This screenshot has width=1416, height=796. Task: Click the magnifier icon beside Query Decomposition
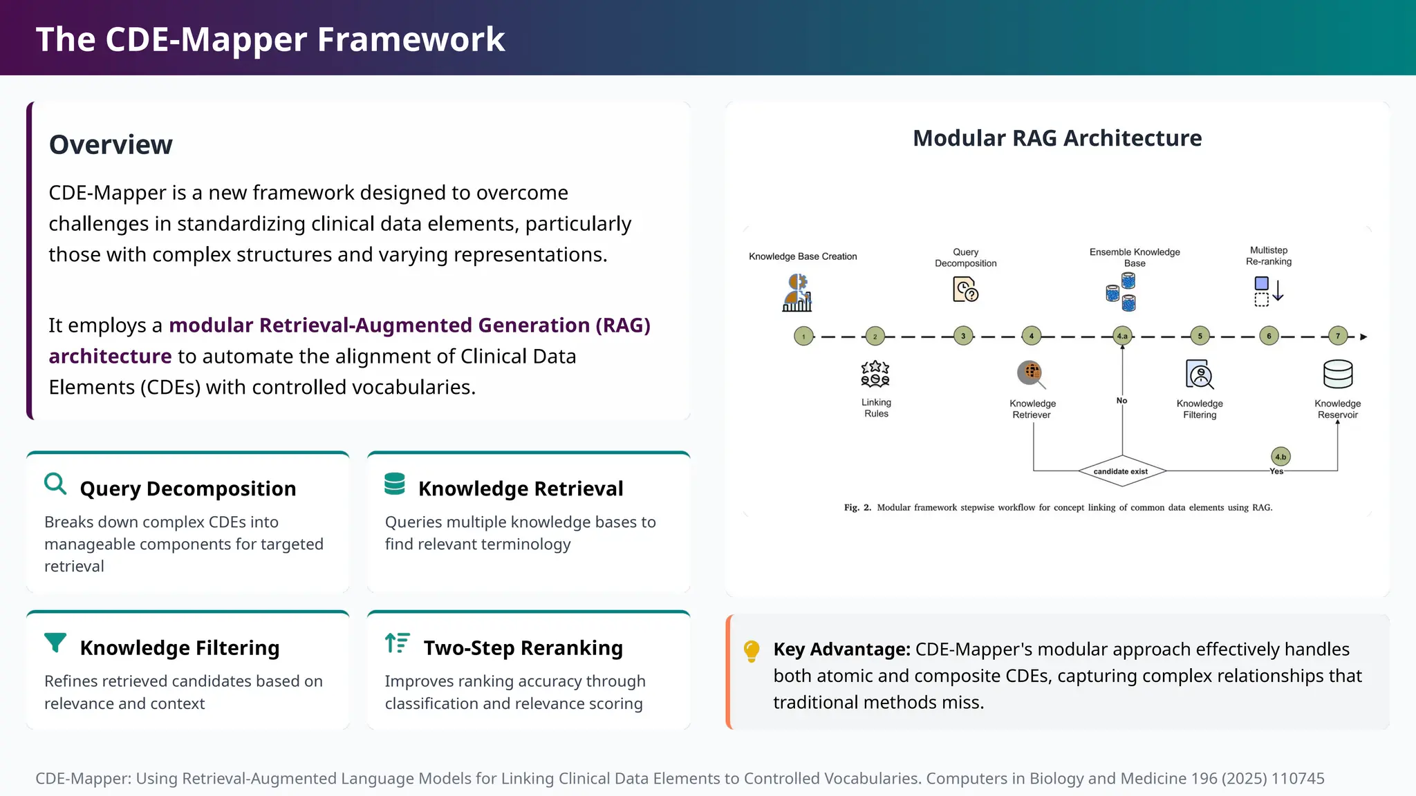pos(55,484)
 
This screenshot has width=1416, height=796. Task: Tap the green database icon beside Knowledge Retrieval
pos(395,484)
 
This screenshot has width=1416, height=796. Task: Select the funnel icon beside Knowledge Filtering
pos(55,643)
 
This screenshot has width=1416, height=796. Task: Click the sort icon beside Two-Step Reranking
pos(398,643)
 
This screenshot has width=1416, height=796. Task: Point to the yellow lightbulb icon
pos(752,651)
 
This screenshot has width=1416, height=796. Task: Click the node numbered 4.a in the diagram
pos(1122,337)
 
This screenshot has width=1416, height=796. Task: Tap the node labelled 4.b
pos(1280,457)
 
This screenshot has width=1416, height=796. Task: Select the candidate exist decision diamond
pos(1121,471)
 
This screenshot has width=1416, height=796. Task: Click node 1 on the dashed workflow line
pos(803,337)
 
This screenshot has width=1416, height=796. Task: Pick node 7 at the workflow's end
pos(1338,337)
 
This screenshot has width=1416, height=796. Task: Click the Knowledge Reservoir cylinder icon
pos(1338,375)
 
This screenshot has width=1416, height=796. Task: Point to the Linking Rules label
pos(876,408)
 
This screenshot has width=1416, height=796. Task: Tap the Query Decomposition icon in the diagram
pos(965,290)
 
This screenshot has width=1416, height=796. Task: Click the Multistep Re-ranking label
pos(1269,256)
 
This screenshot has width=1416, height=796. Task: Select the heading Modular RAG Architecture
pos(1057,138)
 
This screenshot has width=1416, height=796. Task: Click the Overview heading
pos(111,145)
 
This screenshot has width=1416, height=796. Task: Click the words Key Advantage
pos(841,650)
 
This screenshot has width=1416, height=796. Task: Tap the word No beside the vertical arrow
pos(1121,401)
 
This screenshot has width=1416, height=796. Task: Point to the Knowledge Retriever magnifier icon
pos(1031,374)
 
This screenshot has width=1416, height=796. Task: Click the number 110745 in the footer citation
pos(1298,779)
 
